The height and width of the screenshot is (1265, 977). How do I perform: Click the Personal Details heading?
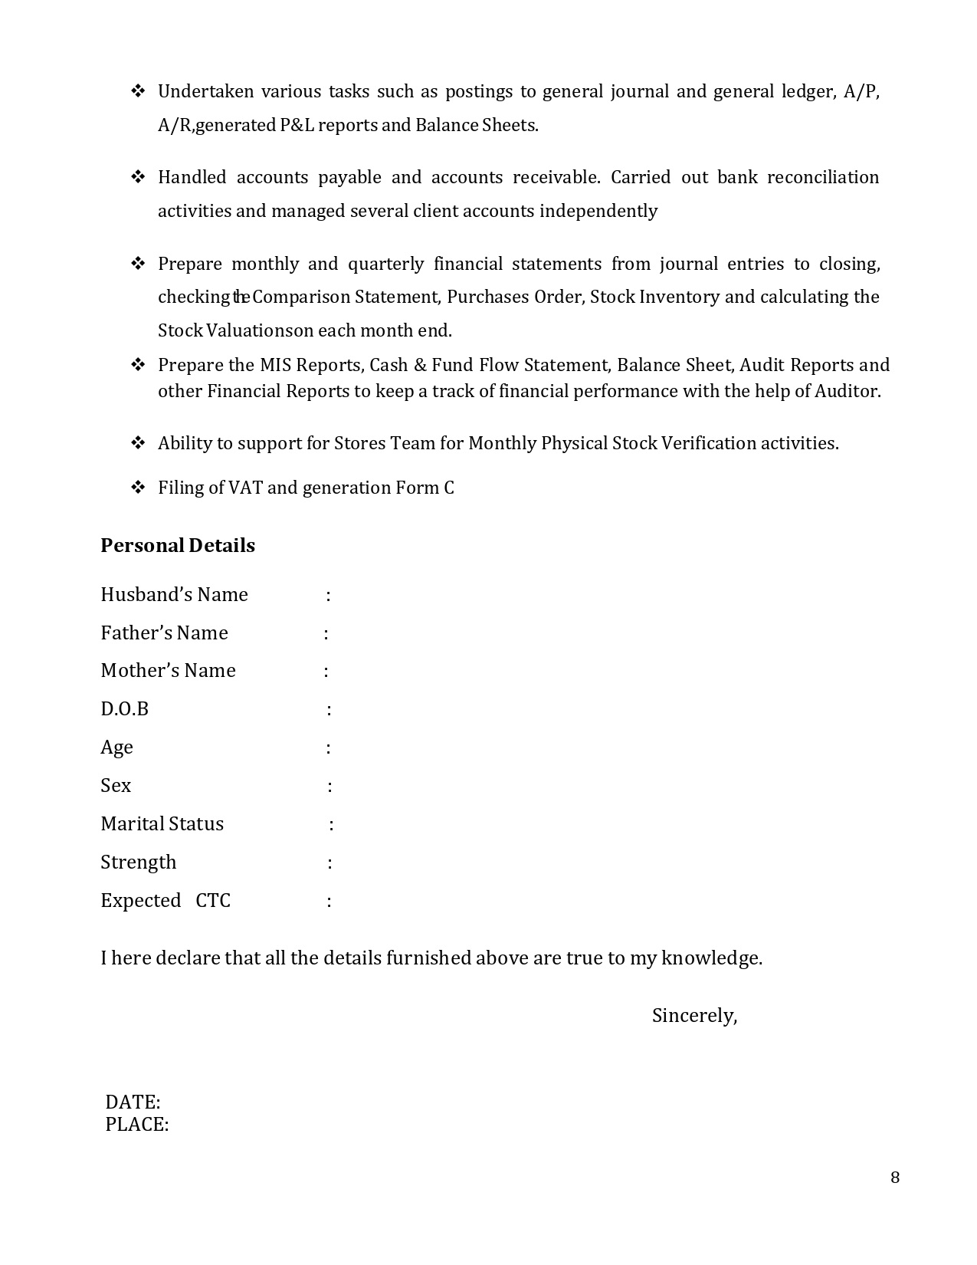[x=178, y=545]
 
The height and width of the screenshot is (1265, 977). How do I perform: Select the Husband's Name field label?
[x=174, y=595]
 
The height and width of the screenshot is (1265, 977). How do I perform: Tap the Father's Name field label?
[x=164, y=633]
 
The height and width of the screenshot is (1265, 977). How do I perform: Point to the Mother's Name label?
[x=168, y=671]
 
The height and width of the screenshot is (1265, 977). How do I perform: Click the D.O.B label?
[x=124, y=709]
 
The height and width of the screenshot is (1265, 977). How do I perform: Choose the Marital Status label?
[x=162, y=824]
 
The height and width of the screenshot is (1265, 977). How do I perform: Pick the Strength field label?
[x=138, y=863]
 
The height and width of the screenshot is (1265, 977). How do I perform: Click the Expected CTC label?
[x=165, y=901]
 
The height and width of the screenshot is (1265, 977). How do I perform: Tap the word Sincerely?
[x=693, y=1016]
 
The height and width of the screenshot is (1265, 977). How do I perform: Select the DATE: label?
[x=133, y=1102]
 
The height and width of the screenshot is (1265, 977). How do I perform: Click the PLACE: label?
[x=136, y=1125]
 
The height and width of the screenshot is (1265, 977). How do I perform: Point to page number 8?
[x=895, y=1178]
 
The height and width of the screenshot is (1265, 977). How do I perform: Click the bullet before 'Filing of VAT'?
[x=138, y=488]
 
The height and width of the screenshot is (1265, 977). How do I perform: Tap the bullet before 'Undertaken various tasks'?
[x=138, y=91]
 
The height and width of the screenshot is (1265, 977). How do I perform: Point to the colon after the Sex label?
[x=330, y=787]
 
